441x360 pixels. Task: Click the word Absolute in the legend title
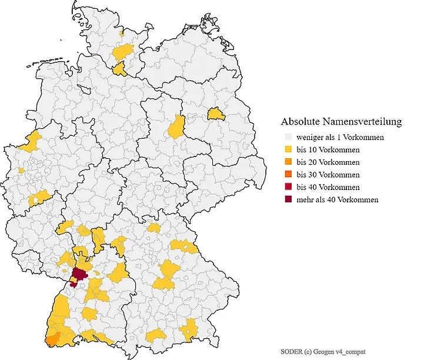(x=299, y=122)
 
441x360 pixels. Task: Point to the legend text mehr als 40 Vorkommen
(x=338, y=199)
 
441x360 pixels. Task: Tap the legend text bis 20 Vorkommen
(x=328, y=162)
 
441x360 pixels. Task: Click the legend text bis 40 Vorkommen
(x=328, y=187)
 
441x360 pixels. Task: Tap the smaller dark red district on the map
(x=72, y=284)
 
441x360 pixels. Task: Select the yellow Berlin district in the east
(x=215, y=113)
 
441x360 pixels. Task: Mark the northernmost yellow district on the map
(x=121, y=34)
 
